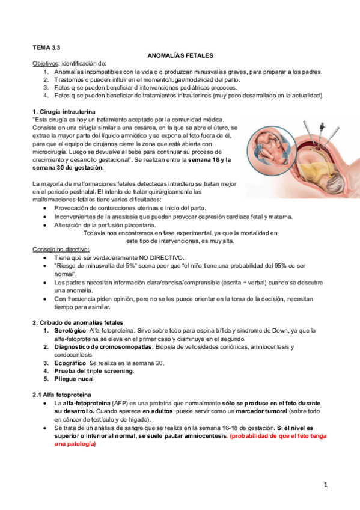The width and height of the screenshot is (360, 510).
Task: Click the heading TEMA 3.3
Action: click(x=46, y=46)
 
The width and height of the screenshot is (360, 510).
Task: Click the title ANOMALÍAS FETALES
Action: click(x=180, y=55)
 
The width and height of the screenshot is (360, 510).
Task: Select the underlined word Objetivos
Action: click(x=45, y=63)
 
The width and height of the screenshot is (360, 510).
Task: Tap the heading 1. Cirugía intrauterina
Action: click(x=63, y=112)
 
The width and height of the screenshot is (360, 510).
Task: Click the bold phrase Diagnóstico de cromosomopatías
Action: click(x=104, y=346)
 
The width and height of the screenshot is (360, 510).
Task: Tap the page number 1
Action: click(x=325, y=485)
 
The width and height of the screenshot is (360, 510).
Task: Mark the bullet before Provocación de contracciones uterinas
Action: click(x=46, y=207)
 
